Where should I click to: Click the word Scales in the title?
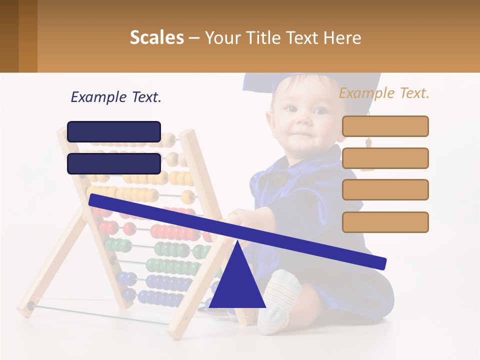156,37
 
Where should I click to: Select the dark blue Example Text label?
116,97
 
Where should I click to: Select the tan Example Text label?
384,93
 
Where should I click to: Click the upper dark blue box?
114,131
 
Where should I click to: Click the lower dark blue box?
114,163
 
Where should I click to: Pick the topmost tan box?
385,126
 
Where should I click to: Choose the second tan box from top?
385,158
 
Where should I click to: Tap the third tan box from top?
385,190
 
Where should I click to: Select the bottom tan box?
385,222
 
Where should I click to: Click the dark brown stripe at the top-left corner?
9,36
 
